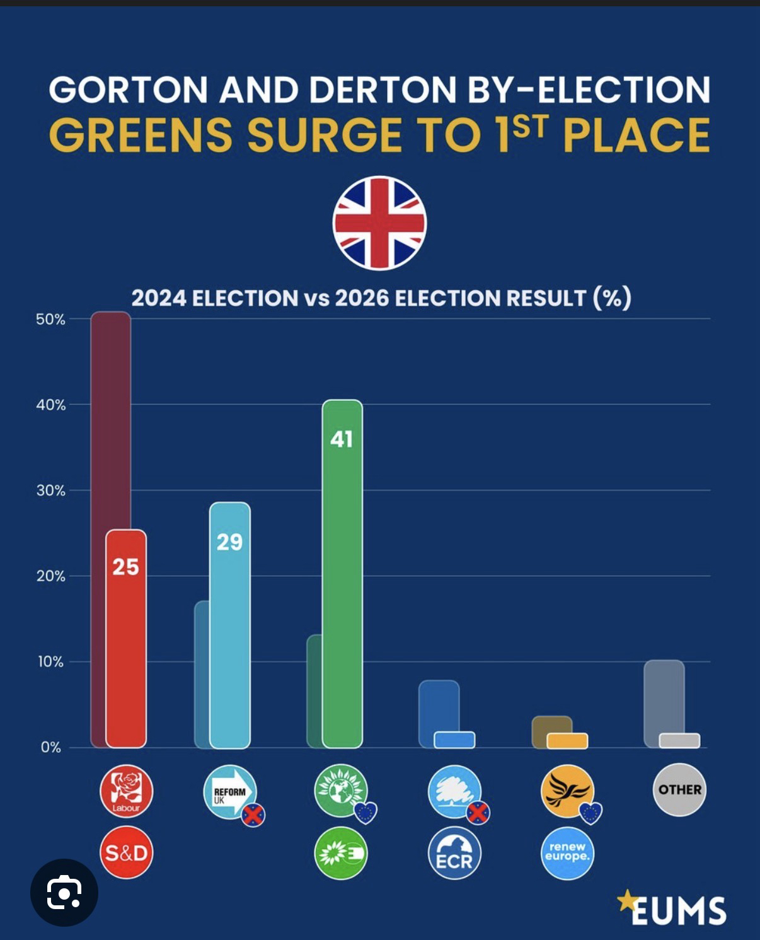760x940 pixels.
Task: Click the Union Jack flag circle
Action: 379,223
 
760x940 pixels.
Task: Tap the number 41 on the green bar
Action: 342,439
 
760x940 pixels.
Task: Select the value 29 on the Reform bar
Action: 229,542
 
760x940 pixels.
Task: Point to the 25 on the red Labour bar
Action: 125,567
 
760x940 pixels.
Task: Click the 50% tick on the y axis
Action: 50,319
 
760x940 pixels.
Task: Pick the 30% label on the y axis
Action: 50,490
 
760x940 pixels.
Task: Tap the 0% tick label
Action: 51,748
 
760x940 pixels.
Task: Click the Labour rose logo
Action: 126,791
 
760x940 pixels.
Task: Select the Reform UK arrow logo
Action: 230,791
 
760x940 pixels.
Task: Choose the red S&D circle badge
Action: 126,853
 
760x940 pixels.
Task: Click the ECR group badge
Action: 454,853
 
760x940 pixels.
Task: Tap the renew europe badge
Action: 567,853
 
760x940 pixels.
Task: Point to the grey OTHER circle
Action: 679,789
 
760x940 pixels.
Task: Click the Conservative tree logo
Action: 454,791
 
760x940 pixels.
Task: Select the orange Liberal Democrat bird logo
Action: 567,791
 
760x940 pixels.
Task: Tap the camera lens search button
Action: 64,892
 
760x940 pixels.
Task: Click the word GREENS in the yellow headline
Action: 141,135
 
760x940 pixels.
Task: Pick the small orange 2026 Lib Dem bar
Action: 567,741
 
